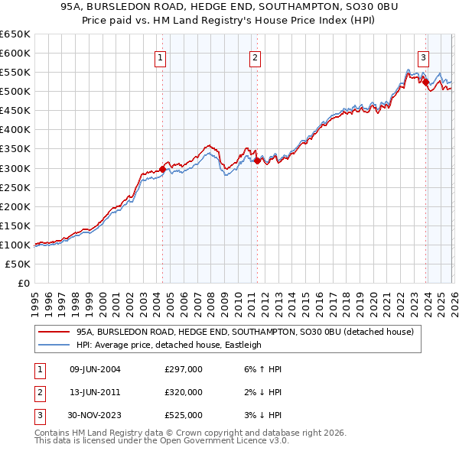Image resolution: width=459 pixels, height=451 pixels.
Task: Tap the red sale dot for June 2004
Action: click(162, 169)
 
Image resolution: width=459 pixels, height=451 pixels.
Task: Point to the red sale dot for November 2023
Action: click(425, 82)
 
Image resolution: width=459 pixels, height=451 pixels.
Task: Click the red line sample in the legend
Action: click(54, 332)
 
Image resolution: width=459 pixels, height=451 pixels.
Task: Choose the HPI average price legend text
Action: click(168, 345)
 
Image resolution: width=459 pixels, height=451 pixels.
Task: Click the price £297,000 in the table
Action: click(184, 369)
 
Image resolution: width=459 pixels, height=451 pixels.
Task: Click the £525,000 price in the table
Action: click(184, 415)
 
